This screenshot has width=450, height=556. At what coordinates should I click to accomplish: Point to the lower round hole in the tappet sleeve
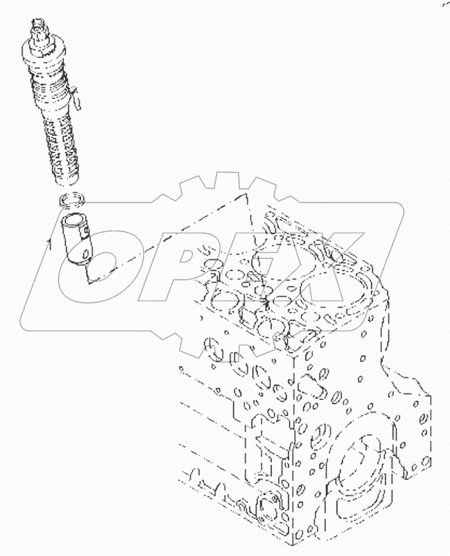(x=83, y=257)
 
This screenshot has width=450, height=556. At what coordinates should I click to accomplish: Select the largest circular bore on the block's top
(x=320, y=277)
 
